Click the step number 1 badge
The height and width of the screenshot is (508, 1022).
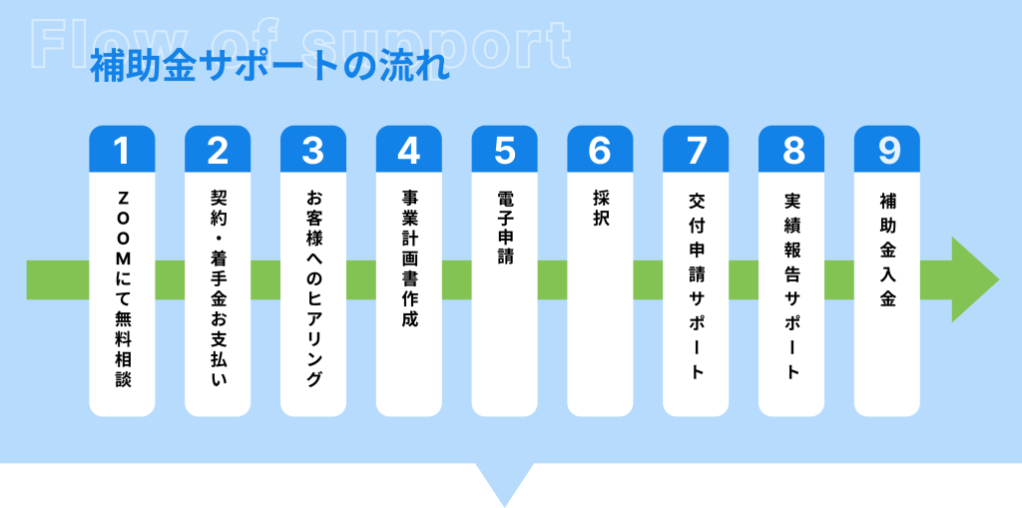click(x=122, y=149)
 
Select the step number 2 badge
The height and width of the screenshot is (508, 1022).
click(x=218, y=149)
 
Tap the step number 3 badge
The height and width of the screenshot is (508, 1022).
click(x=312, y=149)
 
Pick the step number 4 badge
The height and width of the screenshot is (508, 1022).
click(x=408, y=149)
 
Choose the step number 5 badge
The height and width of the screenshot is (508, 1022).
click(x=504, y=149)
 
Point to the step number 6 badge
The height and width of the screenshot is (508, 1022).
click(x=600, y=149)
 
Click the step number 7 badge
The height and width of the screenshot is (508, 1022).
click(x=696, y=149)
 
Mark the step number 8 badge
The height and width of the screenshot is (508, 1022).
click(x=791, y=149)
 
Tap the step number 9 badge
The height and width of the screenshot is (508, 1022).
click(x=887, y=149)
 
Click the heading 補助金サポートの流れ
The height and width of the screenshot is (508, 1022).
click(x=269, y=68)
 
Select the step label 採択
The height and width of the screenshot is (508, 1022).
click(x=600, y=209)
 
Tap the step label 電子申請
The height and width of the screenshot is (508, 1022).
click(x=504, y=227)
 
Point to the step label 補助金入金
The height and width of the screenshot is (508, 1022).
click(x=887, y=250)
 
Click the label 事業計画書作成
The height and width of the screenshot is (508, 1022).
click(x=408, y=258)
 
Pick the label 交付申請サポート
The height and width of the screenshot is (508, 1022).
click(x=696, y=285)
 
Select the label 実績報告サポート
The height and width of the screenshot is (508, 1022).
click(x=791, y=285)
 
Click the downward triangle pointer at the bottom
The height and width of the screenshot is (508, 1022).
click(x=504, y=484)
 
